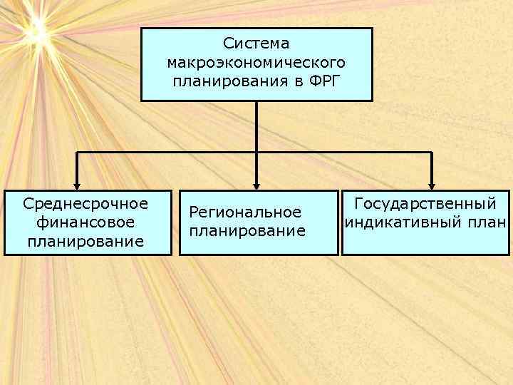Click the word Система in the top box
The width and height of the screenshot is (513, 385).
pos(256,44)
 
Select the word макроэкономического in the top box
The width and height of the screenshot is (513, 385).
pos(256,62)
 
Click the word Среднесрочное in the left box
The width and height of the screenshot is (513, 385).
pos(85,204)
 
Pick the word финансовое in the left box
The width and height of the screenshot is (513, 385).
pos(85,222)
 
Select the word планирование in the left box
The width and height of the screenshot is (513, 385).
pos(85,241)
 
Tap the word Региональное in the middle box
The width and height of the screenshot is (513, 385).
pos(245,212)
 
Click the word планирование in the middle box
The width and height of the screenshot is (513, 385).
pos(247,231)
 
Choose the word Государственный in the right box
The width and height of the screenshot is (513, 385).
pos(425,204)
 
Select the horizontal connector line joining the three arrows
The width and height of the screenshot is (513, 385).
pos(171,153)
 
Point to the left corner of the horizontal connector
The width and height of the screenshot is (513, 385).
pos(77,153)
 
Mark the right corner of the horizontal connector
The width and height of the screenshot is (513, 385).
pos(431,153)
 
